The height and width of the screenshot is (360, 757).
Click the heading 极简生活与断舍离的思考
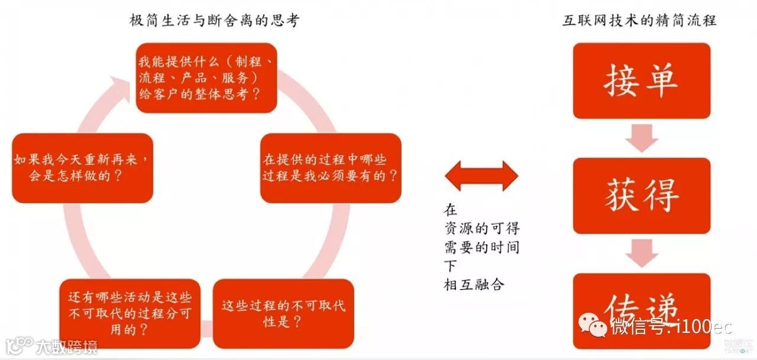[x=215, y=21]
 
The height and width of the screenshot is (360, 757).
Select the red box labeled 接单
[x=641, y=80]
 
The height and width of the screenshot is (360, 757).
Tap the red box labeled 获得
[x=641, y=196]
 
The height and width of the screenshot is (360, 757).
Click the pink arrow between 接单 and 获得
[x=643, y=138]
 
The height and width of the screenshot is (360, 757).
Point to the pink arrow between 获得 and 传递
[x=643, y=253]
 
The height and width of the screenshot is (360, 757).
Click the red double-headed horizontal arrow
[x=481, y=176]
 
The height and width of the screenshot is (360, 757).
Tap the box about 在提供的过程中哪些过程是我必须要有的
[x=331, y=168]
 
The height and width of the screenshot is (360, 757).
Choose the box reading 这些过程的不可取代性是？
[x=283, y=313]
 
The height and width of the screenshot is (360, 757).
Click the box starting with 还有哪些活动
[x=130, y=313]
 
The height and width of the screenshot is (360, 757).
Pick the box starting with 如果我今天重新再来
[x=82, y=168]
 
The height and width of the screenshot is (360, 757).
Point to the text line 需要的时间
[x=482, y=247]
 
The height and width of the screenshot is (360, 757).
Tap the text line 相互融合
[x=474, y=284]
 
